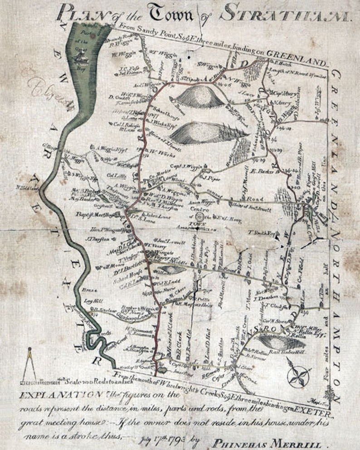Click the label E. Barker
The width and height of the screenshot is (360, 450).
pyautogui.click(x=260, y=171)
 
